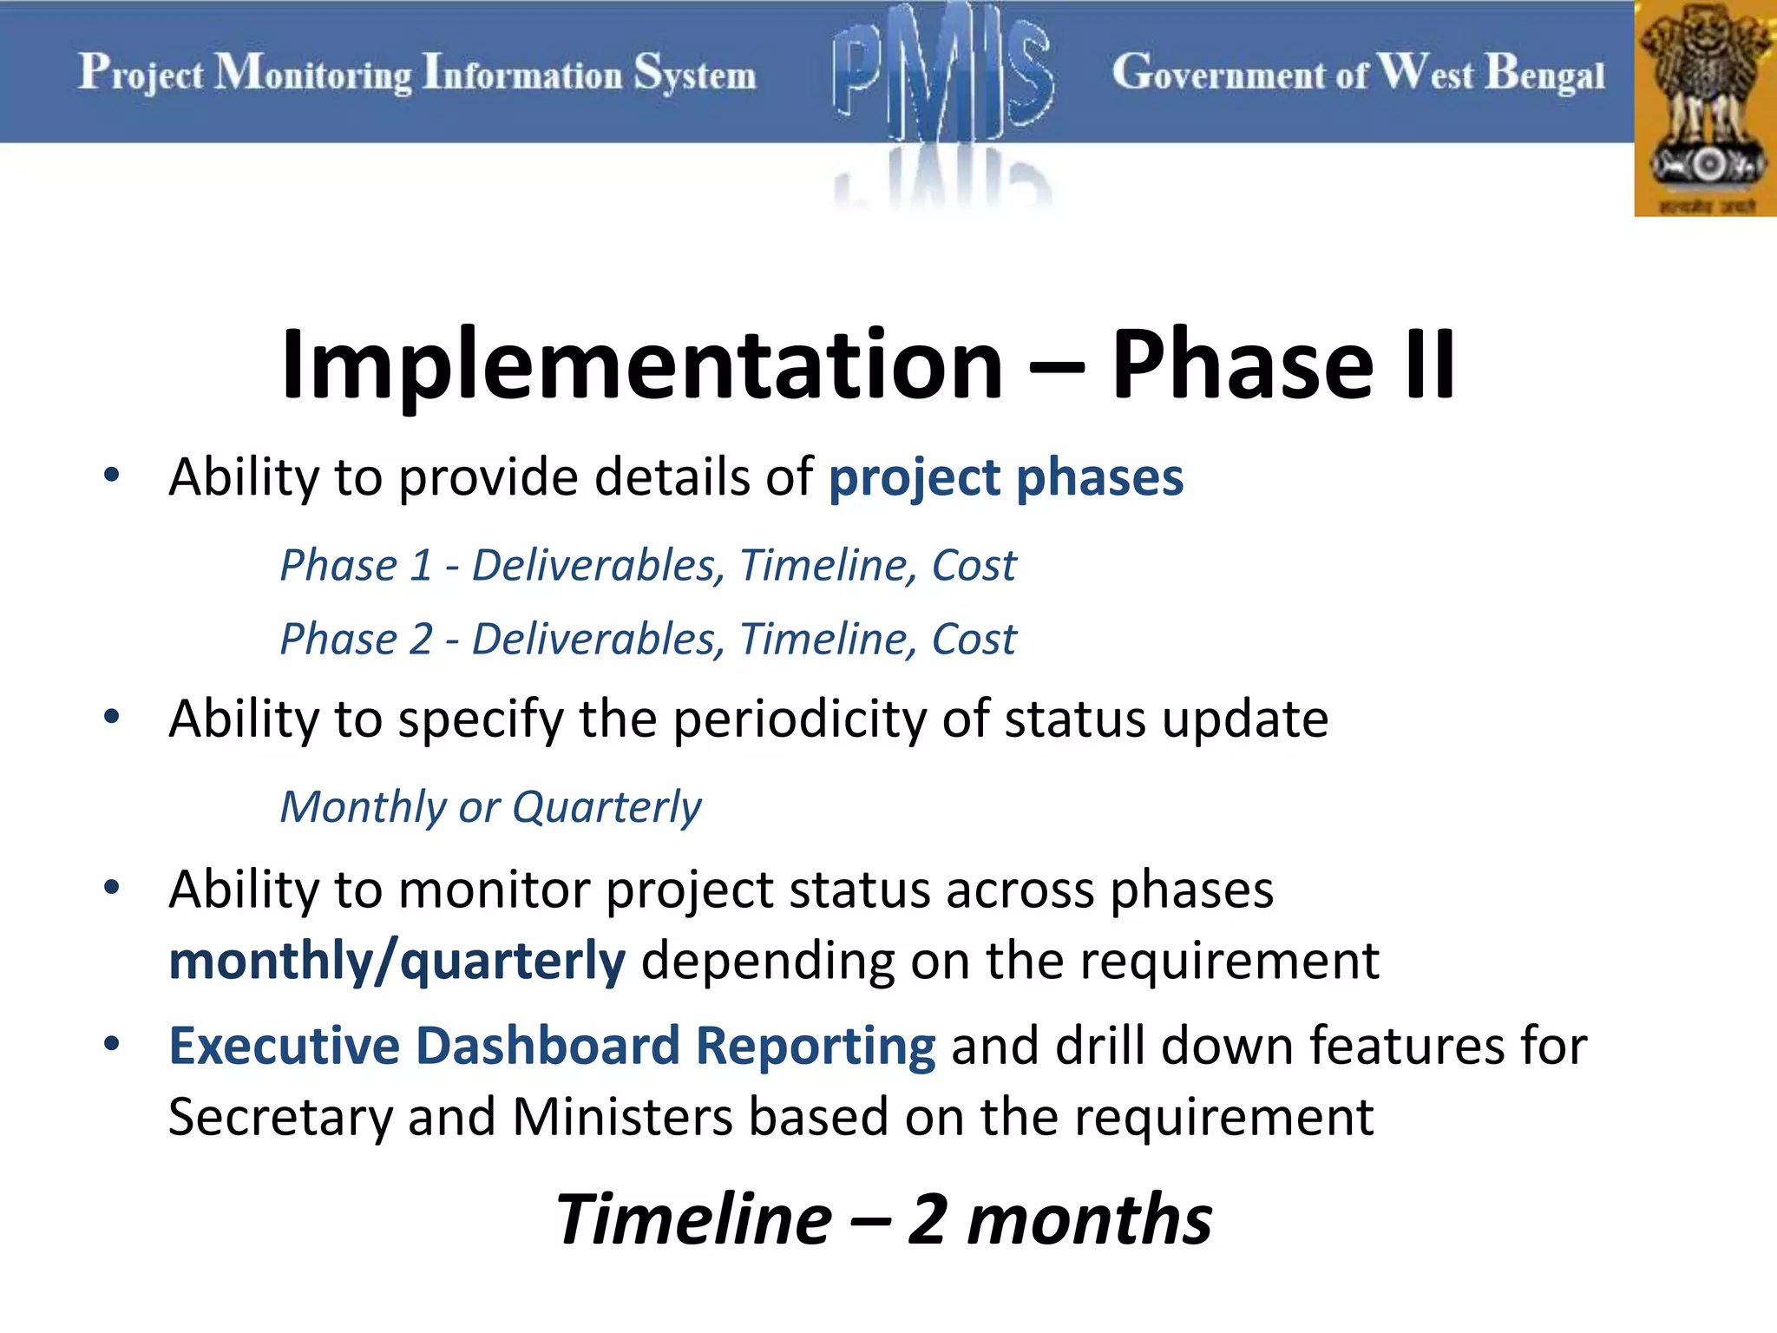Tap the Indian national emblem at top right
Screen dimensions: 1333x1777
1706,108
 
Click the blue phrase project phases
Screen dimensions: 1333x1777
1006,478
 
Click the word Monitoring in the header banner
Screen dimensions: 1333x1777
313,73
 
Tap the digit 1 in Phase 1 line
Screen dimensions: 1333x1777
421,566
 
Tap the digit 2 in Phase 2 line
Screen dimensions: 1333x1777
421,640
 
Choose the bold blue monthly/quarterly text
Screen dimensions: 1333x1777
397,962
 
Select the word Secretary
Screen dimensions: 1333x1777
280,1119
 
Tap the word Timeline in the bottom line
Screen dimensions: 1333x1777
694,1219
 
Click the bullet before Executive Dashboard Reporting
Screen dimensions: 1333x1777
111,1043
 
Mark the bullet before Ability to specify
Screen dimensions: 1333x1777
111,717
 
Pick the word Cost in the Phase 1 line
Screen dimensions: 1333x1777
973,566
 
